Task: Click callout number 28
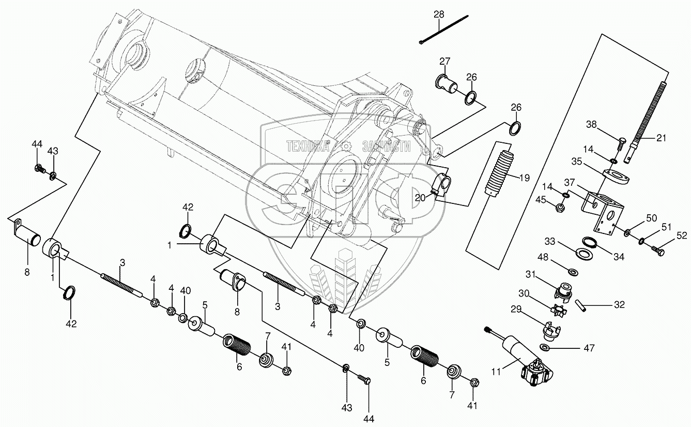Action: [x=438, y=15]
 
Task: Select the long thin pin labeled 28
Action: [x=444, y=30]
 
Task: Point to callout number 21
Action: [x=662, y=138]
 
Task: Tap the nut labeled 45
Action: [x=560, y=208]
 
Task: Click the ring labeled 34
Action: [x=589, y=241]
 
